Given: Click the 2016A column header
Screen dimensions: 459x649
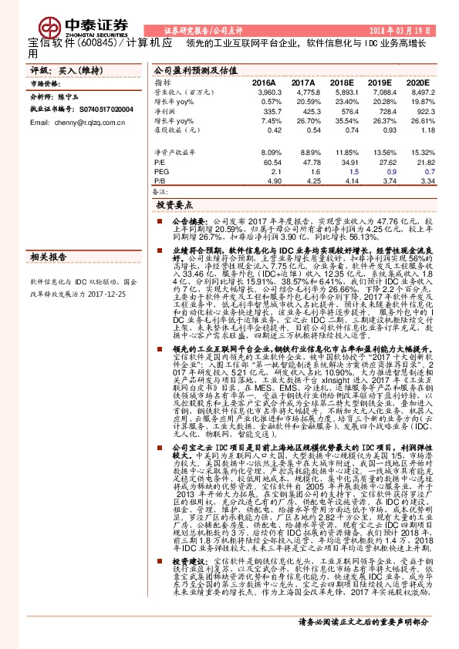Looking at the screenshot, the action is (264, 82).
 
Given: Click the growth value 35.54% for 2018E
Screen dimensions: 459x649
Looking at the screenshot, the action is (343, 121).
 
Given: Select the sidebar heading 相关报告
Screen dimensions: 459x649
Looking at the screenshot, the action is (47, 256).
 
